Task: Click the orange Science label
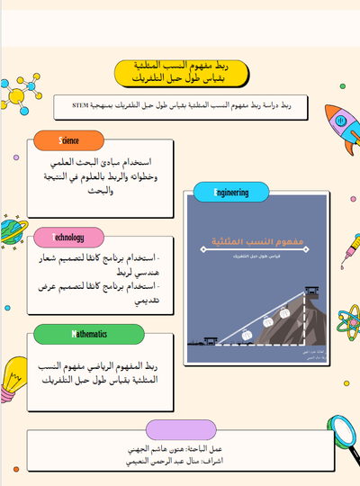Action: tap(68, 141)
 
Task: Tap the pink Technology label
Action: tap(68, 238)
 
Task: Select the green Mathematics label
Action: tap(88, 334)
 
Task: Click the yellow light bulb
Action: tap(15, 385)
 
